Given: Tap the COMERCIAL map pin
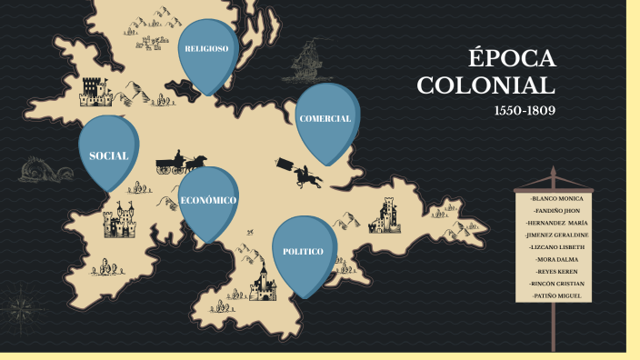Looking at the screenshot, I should (x=325, y=119).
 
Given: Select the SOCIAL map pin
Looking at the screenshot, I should (x=108, y=155).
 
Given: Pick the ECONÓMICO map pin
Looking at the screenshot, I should (x=208, y=200).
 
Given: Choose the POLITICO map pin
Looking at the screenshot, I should (x=303, y=250).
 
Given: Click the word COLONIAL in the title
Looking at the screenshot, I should (x=485, y=86).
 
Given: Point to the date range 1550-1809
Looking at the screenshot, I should (x=525, y=111).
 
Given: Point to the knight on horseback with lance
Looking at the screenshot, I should (x=304, y=172).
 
